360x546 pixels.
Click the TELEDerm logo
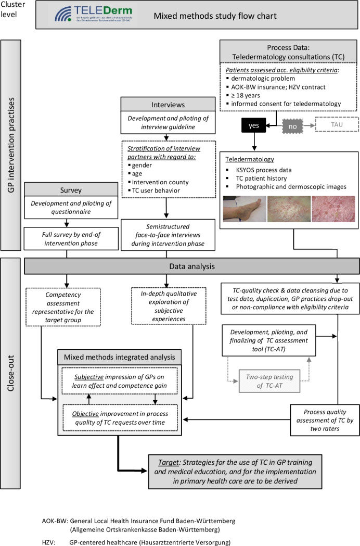(94, 15)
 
